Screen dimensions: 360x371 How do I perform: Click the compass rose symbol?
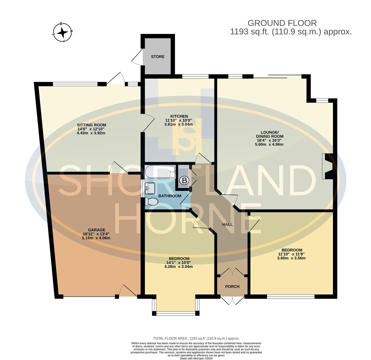tap(62, 33)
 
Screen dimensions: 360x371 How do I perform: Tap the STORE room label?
tap(157, 57)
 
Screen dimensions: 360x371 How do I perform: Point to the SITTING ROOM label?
tap(91, 125)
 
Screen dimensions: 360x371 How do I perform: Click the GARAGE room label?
tap(96, 230)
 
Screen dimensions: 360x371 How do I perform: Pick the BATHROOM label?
tap(170, 196)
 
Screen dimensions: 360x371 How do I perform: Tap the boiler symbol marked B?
tap(184, 181)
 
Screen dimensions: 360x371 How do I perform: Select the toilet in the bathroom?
tap(151, 202)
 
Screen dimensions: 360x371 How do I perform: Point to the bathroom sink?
tap(150, 188)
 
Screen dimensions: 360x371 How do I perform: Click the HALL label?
tap(228, 224)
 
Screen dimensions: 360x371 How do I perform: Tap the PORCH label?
tap(232, 286)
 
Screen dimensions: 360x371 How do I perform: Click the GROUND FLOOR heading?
tap(282, 23)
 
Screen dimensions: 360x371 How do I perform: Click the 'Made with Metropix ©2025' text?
tap(196, 358)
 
